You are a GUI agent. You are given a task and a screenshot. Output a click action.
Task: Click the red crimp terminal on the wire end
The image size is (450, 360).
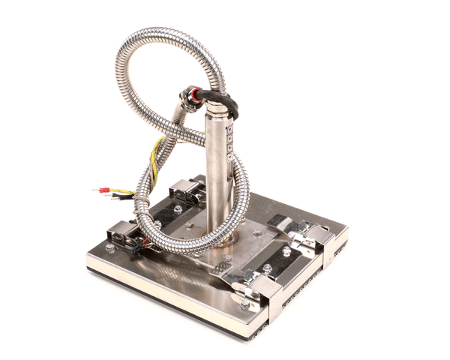(x=103, y=190)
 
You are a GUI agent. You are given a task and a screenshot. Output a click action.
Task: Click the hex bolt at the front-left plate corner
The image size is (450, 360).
(x=110, y=248)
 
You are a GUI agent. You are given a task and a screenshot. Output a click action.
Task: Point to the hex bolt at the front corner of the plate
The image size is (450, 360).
(x=245, y=306)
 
